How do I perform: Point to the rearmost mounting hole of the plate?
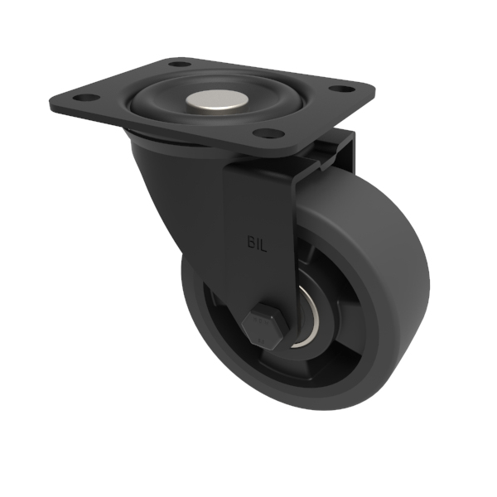click(x=176, y=63)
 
